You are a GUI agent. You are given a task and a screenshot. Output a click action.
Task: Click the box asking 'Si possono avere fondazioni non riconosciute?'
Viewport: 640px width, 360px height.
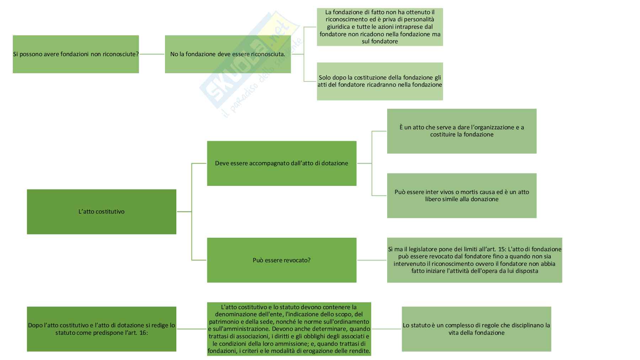pos(76,54)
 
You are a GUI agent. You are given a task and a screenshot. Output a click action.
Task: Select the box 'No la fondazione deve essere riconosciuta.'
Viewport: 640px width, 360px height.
pos(228,54)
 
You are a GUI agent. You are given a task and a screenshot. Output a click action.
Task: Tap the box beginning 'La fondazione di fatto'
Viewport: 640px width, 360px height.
pos(380,27)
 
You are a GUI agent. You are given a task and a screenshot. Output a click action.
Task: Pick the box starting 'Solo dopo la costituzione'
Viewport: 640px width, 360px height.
pos(380,81)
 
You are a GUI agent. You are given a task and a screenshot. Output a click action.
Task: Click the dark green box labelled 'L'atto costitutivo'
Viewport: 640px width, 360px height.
pos(101,211)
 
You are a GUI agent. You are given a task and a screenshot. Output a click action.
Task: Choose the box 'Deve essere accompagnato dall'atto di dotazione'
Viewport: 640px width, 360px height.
pos(282,163)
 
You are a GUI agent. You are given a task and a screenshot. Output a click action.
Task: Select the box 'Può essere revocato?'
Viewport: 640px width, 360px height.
pos(282,260)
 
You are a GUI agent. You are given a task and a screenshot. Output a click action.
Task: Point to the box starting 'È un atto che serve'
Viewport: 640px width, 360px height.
pos(462,131)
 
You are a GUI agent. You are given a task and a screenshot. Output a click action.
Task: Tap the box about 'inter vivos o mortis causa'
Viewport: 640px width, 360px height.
pos(462,195)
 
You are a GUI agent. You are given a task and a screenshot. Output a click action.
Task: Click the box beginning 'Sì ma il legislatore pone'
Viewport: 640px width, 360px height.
pos(474,260)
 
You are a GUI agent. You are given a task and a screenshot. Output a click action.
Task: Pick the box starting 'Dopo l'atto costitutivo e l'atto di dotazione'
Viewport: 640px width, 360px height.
pos(101,329)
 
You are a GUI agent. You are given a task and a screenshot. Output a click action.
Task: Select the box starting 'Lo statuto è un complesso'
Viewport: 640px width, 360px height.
pos(476,329)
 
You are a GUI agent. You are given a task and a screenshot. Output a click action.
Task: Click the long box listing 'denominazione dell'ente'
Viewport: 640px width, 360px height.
pos(289,329)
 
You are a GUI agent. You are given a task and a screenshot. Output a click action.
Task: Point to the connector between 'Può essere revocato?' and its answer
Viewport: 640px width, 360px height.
pos(372,260)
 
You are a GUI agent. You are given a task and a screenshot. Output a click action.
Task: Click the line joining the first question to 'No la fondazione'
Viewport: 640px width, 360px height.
pos(152,54)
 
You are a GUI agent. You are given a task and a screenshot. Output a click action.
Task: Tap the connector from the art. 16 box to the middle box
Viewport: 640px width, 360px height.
pos(192,329)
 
